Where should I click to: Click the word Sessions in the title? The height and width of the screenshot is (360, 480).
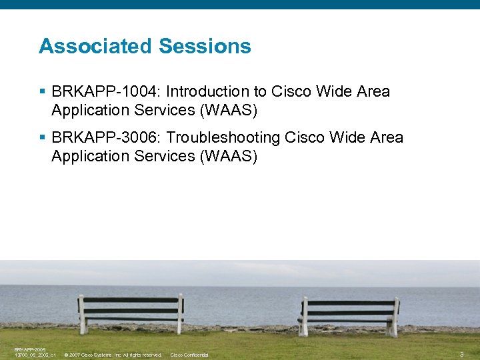205,46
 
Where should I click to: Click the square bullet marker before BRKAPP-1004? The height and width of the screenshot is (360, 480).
43,91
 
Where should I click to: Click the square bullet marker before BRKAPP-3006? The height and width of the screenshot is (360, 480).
43,137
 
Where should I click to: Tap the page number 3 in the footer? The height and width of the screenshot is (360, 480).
461,354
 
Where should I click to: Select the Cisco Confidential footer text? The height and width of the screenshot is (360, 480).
189,355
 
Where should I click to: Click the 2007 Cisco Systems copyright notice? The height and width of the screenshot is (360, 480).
113,355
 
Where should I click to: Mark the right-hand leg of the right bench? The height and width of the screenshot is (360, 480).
393,327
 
